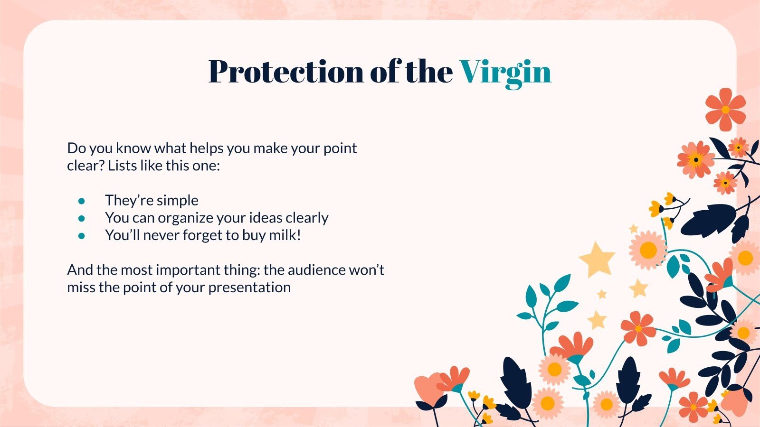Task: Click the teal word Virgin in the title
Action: click(505, 72)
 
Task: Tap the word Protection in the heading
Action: click(286, 72)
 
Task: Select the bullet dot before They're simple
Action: click(82, 201)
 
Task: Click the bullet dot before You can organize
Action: click(82, 219)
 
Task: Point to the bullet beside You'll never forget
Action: click(82, 236)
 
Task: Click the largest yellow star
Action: click(597, 259)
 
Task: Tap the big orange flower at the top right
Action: click(725, 110)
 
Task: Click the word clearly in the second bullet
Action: click(307, 218)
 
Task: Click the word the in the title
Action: click(429, 72)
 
